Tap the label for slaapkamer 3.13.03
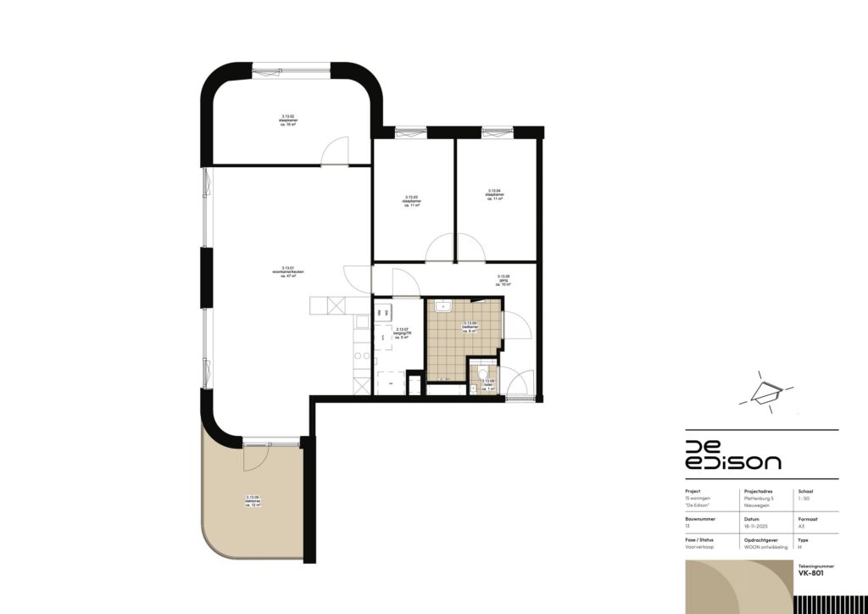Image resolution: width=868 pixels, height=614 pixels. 413,201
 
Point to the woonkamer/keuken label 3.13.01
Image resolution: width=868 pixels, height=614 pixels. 288,271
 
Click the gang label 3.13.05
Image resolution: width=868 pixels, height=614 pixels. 504,280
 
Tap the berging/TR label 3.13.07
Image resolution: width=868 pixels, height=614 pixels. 403,333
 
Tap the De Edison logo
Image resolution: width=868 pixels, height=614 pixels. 733,455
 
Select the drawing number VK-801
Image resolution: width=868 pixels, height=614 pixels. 810,573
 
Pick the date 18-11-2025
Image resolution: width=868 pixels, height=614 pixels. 756,526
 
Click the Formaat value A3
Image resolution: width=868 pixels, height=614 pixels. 802,526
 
